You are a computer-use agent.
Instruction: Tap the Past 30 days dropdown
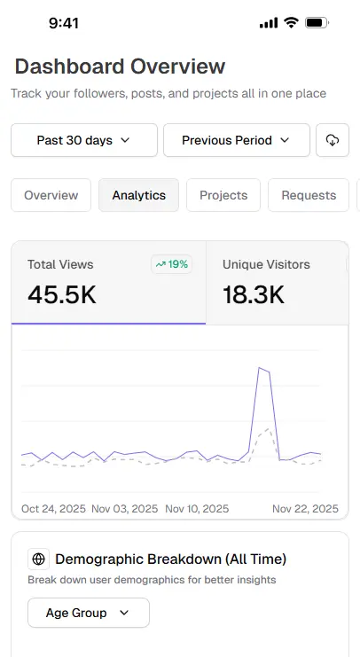coord(83,140)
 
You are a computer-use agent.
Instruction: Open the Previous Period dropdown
coord(236,140)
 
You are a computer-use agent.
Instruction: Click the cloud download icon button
coord(333,140)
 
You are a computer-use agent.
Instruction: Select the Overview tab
coord(51,195)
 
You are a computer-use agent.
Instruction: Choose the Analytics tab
coord(138,195)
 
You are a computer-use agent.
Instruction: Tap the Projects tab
coord(223,195)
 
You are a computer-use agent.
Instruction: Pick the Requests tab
coord(309,195)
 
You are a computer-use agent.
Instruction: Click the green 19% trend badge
coord(171,264)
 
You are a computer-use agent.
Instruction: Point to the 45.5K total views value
coord(62,294)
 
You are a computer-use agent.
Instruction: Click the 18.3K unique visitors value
coord(254,294)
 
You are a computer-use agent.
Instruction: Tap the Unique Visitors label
coord(266,264)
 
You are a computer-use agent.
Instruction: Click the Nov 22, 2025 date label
coord(305,509)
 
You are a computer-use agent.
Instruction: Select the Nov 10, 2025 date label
coord(197,509)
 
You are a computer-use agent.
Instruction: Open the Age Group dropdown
coord(88,613)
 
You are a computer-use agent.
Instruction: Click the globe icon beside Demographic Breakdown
coord(38,559)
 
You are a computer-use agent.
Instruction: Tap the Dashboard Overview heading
coord(120,66)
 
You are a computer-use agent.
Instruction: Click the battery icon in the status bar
coord(316,23)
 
